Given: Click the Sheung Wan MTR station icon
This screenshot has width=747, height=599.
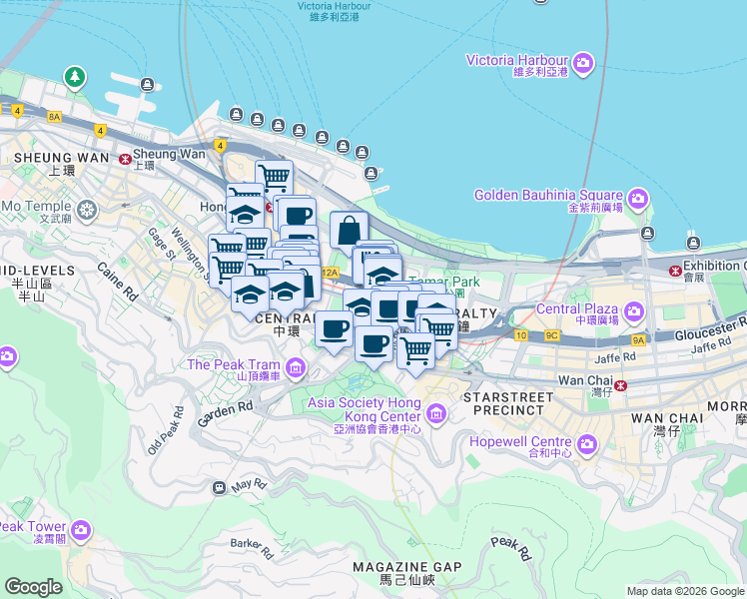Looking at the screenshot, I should point(125,158).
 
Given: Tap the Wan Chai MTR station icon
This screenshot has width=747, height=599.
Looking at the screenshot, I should point(620,385).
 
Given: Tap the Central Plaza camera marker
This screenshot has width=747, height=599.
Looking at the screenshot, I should point(633,314).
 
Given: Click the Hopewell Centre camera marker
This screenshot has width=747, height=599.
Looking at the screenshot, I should point(586,442).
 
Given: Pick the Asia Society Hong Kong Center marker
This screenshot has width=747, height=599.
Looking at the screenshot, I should point(435,412).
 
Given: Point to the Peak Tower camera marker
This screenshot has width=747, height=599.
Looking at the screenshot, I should point(81,529).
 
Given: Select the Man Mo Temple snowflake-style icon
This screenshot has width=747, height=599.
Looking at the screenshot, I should point(88,211).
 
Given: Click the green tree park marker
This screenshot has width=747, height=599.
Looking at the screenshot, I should point(74,76).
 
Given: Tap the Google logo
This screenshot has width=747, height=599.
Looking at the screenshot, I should point(33,587).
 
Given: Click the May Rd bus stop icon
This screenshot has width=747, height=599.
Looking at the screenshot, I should point(219,487).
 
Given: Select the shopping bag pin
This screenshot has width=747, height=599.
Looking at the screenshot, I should point(349,230).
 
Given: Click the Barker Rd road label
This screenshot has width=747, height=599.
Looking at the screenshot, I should point(252,547).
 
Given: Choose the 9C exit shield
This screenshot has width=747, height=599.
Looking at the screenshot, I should point(551,334).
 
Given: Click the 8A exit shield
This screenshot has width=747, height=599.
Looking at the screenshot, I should point(54,117).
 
